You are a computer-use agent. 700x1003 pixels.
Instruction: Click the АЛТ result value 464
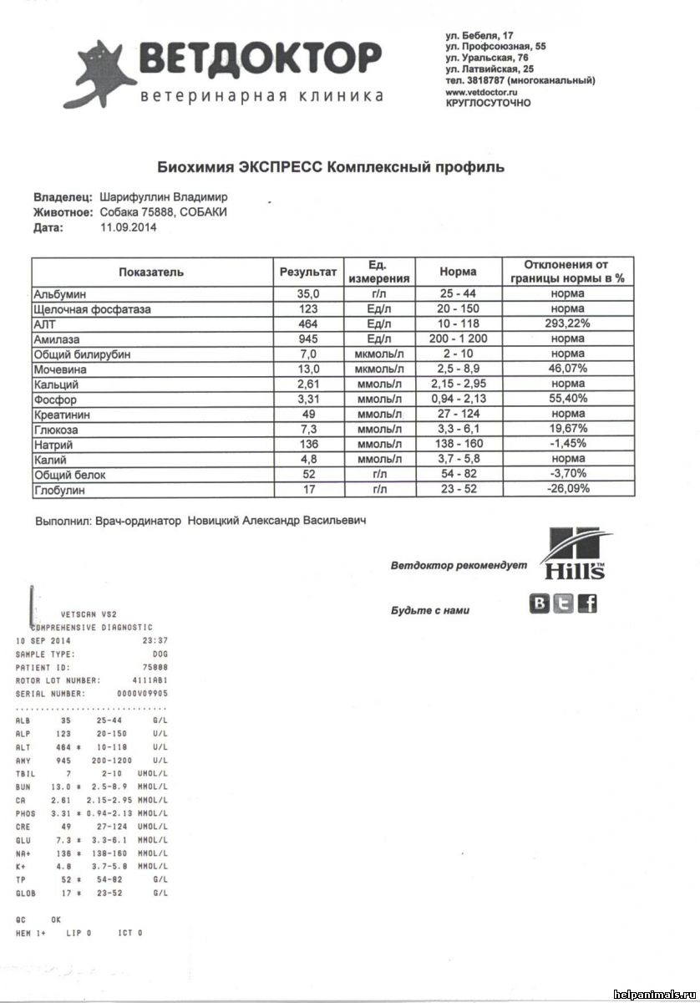pos(308,323)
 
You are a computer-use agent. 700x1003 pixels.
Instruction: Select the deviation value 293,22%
pos(566,323)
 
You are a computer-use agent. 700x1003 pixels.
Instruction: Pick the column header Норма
pos(458,272)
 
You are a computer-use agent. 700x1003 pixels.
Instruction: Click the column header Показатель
pos(151,272)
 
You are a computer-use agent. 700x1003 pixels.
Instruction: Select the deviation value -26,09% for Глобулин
pos(566,489)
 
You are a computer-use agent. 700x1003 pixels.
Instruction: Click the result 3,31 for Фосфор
pos(308,399)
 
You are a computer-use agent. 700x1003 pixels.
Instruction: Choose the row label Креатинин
pos(62,414)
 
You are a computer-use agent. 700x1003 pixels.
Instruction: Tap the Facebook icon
pos(588,603)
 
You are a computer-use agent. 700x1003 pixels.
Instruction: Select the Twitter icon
pos(565,603)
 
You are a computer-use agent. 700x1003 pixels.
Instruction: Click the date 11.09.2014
pos(127,227)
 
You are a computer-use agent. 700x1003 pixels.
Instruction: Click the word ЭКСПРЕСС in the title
pos(281,166)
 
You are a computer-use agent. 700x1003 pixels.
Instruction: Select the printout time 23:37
pos(154,640)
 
